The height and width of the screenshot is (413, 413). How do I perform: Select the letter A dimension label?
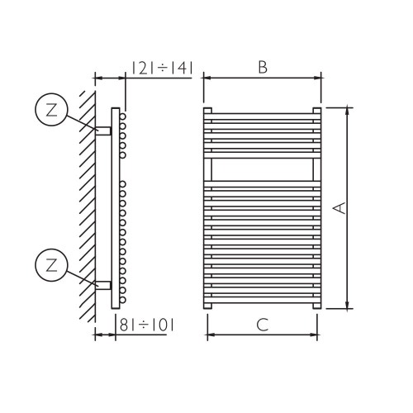click(x=337, y=208)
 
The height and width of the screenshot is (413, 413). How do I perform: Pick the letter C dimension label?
click(x=262, y=325)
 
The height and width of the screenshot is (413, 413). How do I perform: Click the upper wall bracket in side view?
click(x=104, y=131)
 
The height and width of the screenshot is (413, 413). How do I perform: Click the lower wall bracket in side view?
click(x=104, y=285)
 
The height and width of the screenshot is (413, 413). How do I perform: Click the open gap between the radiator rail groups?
click(x=262, y=170)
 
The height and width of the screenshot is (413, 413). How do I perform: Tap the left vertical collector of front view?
click(x=206, y=206)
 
